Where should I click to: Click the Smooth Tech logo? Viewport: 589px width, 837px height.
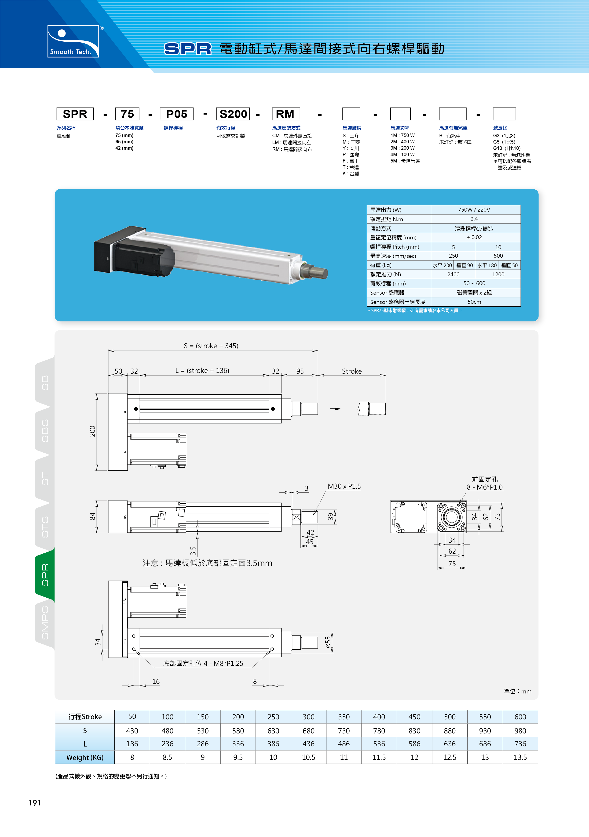click(73, 41)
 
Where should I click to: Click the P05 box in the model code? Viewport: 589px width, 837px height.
click(177, 114)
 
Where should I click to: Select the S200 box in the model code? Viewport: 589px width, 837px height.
click(233, 114)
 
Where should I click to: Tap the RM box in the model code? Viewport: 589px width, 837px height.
click(286, 114)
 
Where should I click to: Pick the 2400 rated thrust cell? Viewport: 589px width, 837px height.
click(453, 274)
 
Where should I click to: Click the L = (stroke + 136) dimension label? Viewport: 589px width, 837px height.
click(202, 370)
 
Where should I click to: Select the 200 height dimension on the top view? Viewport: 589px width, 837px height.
click(92, 431)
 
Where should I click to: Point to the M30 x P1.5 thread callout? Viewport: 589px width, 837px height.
click(344, 486)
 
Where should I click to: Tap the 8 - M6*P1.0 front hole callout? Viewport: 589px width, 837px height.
click(485, 487)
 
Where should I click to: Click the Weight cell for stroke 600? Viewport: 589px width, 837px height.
click(520, 757)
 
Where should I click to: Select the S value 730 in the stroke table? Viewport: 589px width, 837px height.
click(344, 731)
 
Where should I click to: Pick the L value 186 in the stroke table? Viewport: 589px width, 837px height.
click(132, 744)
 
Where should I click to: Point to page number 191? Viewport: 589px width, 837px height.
click(35, 802)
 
